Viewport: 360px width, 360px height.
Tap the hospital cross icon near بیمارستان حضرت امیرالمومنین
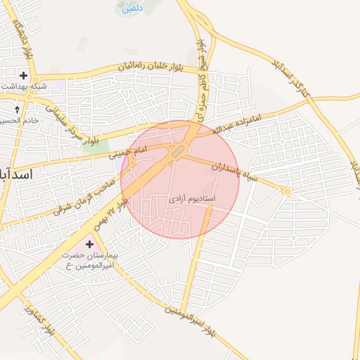coord(89,243)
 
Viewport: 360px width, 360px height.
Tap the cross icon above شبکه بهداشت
coord(25,75)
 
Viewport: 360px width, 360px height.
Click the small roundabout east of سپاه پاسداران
coord(287,191)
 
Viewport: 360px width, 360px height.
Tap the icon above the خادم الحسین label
coord(18,110)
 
